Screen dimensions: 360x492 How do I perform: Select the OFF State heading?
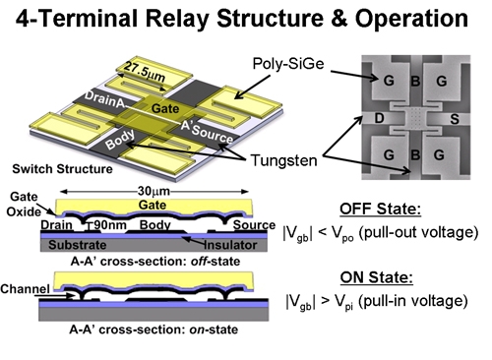coord(382,209)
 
